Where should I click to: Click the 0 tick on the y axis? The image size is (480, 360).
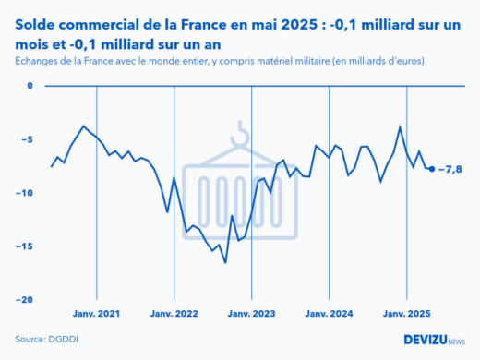(x=29, y=86)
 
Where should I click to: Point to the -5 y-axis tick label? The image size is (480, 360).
(x=27, y=139)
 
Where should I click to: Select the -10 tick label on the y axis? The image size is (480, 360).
(x=24, y=193)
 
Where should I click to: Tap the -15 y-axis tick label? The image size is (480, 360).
(x=24, y=246)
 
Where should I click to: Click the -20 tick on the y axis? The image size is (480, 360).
(x=24, y=300)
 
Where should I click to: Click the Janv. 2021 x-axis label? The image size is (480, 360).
(x=97, y=313)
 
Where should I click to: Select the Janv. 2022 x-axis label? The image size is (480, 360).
(x=174, y=313)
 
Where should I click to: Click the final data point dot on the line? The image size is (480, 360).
(x=432, y=169)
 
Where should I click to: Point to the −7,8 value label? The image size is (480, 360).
(x=450, y=169)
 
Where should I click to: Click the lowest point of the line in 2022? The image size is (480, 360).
(x=225, y=262)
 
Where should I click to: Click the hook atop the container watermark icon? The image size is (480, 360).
(x=242, y=134)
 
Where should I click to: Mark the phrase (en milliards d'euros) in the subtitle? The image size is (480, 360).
(x=378, y=61)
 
